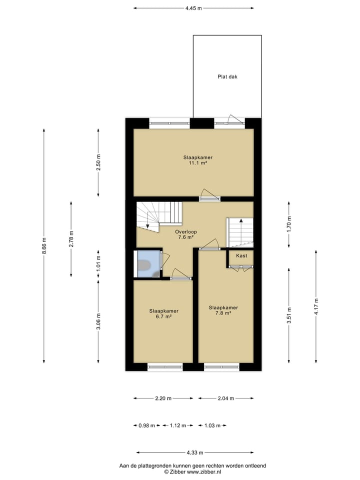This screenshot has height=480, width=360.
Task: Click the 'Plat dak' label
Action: click(227, 76)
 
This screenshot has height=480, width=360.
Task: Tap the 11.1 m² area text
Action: click(194, 163)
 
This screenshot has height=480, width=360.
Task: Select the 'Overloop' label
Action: click(185, 232)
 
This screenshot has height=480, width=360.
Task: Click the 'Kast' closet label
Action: click(241, 255)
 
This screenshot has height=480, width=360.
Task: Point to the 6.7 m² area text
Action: click(163, 316)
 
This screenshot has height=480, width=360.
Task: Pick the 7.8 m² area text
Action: click(223, 313)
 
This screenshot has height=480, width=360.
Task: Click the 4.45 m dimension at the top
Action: click(193, 8)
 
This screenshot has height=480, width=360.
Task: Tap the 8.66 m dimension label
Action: click(44, 245)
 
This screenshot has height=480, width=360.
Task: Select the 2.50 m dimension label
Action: click(98, 163)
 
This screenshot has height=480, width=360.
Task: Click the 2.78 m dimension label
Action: click(71, 239)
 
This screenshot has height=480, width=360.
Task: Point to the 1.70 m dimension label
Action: click(288, 224)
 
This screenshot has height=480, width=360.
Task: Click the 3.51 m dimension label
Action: click(288, 316)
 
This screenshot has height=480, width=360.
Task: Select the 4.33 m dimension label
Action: click(194, 452)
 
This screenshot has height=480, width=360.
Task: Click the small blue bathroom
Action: click(147, 263)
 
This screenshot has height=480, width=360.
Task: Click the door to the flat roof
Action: click(233, 120)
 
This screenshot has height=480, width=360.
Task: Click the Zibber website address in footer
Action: click(203, 471)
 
